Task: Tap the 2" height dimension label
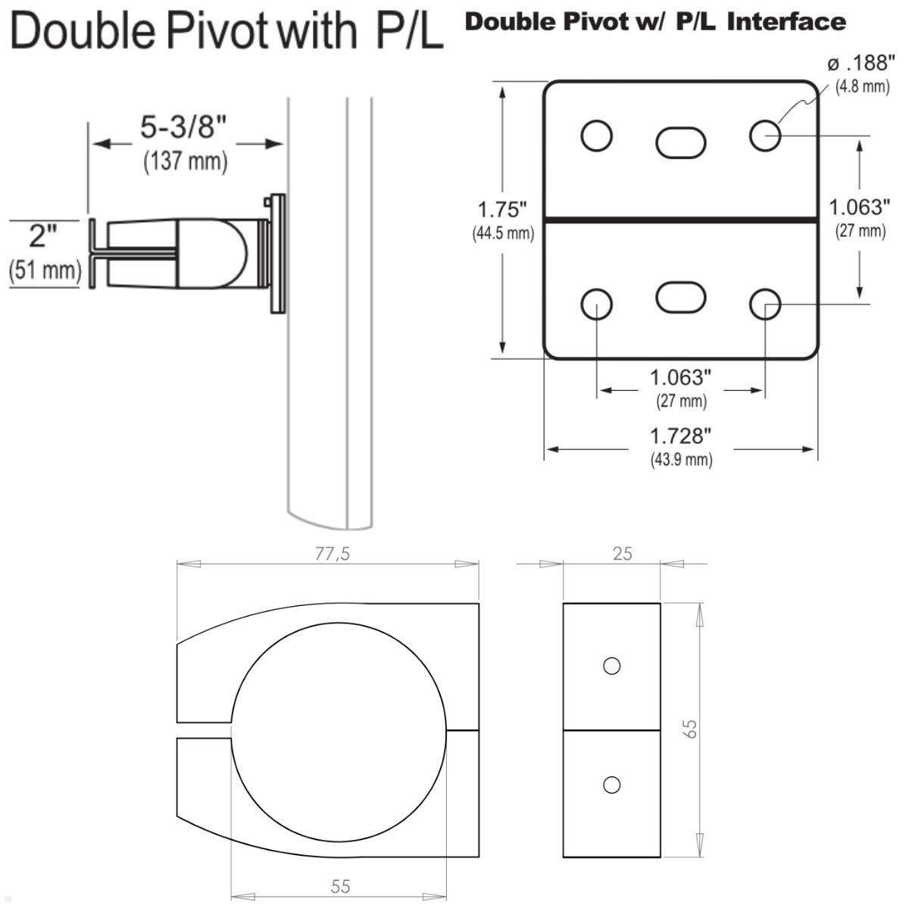coord(43,236)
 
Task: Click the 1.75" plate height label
coord(501,209)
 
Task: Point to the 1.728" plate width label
coord(681,436)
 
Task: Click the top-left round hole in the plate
coord(596,136)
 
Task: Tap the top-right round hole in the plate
coord(765,136)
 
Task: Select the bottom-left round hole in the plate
coord(596,305)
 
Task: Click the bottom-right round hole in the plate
coord(765,305)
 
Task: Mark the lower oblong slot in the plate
coord(680,296)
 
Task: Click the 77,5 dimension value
coord(333,554)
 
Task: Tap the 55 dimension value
coord(340,886)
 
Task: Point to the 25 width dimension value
coord(622,554)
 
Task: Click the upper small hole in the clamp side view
coord(611,666)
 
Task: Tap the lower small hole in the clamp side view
coord(611,785)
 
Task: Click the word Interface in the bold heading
coord(786,22)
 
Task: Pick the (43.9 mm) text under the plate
coord(681,460)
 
